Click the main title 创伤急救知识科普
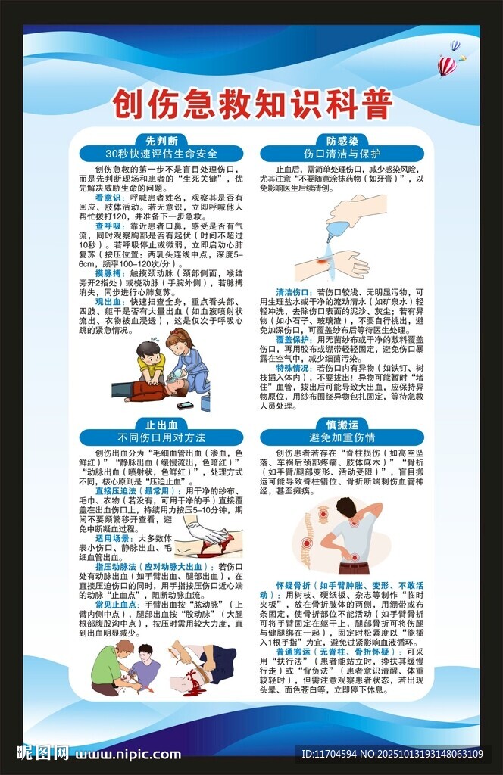[x=251, y=106]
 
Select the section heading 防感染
[x=342, y=140]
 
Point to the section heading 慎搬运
[x=342, y=425]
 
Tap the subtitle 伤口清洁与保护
[x=342, y=153]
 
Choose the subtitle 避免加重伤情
[x=342, y=437]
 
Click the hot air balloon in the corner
[x=447, y=65]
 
